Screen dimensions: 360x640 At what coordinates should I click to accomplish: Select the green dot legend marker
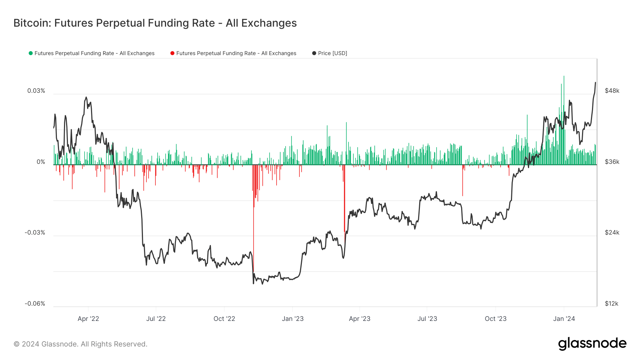(31, 53)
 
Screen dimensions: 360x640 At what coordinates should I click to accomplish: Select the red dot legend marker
(172, 53)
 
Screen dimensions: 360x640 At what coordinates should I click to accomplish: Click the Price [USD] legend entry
(332, 53)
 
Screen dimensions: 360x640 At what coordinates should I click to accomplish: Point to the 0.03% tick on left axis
(36, 91)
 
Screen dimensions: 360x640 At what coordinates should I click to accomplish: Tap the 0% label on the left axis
(41, 162)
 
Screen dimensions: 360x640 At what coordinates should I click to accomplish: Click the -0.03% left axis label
(35, 232)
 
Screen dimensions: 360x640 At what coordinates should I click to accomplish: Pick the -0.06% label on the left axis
(35, 303)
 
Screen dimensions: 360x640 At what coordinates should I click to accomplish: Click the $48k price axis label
(612, 91)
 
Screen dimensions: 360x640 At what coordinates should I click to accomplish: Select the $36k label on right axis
(612, 162)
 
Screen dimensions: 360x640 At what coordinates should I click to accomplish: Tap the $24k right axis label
(612, 232)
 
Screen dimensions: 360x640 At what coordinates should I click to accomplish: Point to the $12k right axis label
(612, 303)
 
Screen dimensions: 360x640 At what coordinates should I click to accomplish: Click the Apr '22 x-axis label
(88, 319)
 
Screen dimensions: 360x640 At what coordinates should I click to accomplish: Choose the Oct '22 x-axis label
(224, 319)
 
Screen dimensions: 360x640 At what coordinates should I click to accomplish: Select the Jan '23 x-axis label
(293, 319)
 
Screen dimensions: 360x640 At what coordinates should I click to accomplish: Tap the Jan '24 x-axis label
(564, 319)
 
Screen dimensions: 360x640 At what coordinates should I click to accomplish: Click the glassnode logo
(592, 344)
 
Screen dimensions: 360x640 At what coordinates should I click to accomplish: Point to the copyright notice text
(80, 344)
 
